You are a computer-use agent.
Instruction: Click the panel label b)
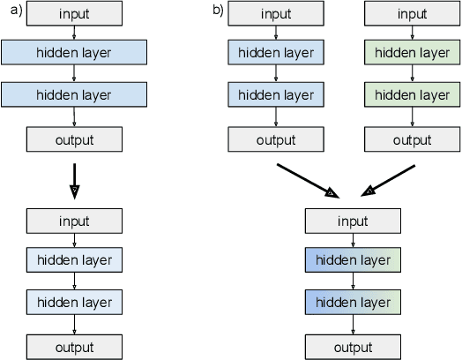[218, 11]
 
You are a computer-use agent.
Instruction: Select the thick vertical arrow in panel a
[74, 178]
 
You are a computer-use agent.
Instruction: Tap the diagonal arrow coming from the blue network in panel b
[305, 179]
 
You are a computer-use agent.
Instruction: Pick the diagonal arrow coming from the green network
[390, 179]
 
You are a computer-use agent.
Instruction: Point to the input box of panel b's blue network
[275, 13]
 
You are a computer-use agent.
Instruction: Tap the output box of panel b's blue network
[275, 139]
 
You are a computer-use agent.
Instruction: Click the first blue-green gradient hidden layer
[353, 260]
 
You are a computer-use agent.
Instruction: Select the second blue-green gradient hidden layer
[353, 303]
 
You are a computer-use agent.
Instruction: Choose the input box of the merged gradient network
[353, 221]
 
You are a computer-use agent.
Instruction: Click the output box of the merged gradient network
[353, 346]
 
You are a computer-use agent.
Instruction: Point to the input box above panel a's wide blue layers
[74, 13]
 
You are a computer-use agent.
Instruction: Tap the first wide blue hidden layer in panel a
[74, 53]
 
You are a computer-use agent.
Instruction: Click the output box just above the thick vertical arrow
[74, 139]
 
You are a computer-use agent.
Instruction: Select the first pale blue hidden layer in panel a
[74, 260]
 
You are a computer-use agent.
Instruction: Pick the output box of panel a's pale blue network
[74, 346]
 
